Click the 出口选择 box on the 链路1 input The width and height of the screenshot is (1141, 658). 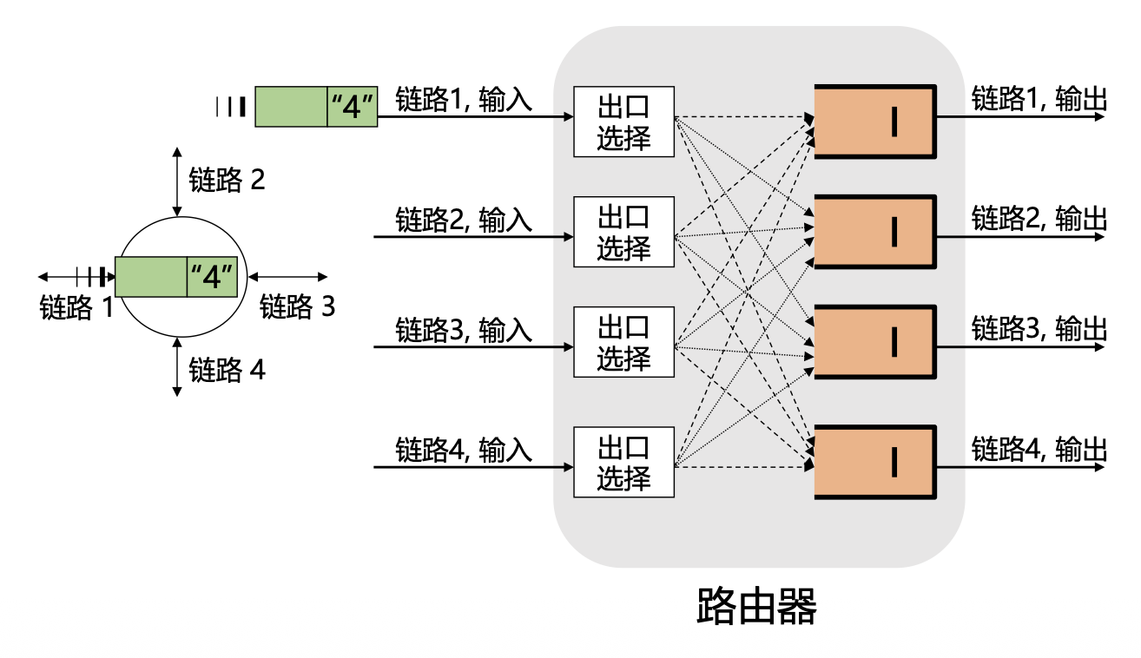pos(623,122)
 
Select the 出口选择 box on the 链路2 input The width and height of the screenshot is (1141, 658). pos(623,232)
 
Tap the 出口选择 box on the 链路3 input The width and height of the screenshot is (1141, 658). pos(623,342)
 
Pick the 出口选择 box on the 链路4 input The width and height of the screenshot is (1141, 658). pos(623,462)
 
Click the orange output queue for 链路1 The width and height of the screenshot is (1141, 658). pos(874,122)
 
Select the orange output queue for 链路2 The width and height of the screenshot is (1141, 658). pos(874,232)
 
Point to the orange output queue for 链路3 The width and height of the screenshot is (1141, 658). pos(874,342)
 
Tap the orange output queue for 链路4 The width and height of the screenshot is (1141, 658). pos(874,462)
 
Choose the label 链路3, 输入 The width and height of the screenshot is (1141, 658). pos(464,330)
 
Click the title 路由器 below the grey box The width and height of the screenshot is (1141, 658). pos(757,608)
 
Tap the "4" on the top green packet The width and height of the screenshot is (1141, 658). pos(353,107)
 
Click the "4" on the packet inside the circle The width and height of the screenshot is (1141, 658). pos(213,278)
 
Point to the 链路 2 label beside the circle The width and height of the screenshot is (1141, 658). pos(227,181)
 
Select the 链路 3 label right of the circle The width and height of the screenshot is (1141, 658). pos(297,306)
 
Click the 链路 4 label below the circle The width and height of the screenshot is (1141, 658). pos(227,372)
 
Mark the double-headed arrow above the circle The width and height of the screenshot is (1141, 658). pos(177,181)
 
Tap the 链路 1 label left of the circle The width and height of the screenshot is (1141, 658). pos(77,307)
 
